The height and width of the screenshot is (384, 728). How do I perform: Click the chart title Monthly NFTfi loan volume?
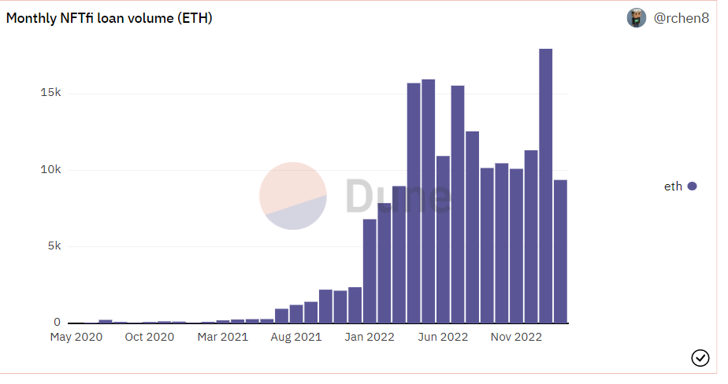pos(110,18)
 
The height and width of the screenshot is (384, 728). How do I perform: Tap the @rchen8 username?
pos(682,18)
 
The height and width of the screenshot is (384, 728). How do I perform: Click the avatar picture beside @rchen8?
pos(637,18)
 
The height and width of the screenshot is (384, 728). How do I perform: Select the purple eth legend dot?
pos(693,186)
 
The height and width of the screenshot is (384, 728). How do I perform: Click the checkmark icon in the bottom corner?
pos(700,358)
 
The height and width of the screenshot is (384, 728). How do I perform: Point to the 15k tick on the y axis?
pos(51,93)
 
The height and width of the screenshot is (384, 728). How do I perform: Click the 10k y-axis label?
pos(51,169)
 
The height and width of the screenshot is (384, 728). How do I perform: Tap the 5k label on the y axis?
pos(54,246)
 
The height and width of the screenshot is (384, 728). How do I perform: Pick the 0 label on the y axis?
pos(57,323)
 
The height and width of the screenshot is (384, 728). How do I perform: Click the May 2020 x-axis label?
pos(76,338)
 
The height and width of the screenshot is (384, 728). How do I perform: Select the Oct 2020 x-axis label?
pos(150,338)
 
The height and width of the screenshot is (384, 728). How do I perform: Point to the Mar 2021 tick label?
pos(223,338)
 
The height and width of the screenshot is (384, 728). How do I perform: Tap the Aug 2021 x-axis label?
pos(296,338)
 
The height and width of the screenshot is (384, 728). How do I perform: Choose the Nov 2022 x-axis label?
pos(517,338)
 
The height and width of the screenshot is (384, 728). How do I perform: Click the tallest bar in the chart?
pos(546,186)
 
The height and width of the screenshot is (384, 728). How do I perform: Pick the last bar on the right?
pos(560,251)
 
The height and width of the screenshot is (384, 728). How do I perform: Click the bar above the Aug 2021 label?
pos(296,313)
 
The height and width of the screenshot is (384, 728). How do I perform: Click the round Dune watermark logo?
pos(293,196)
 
